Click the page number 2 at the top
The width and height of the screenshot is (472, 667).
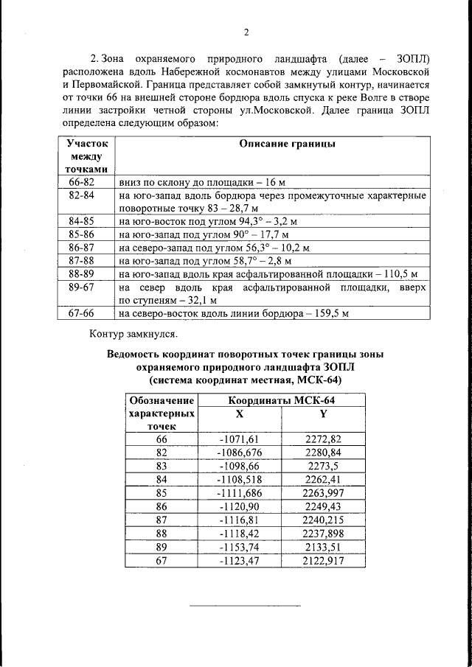(246, 32)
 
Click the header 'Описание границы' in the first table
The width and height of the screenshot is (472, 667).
(287, 144)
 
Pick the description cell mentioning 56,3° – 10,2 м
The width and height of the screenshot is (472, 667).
(214, 247)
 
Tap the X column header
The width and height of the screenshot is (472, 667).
(238, 413)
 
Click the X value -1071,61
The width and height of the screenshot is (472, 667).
(238, 439)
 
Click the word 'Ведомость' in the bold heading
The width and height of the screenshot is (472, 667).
(136, 355)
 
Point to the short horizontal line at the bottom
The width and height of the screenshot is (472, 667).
(246, 606)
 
